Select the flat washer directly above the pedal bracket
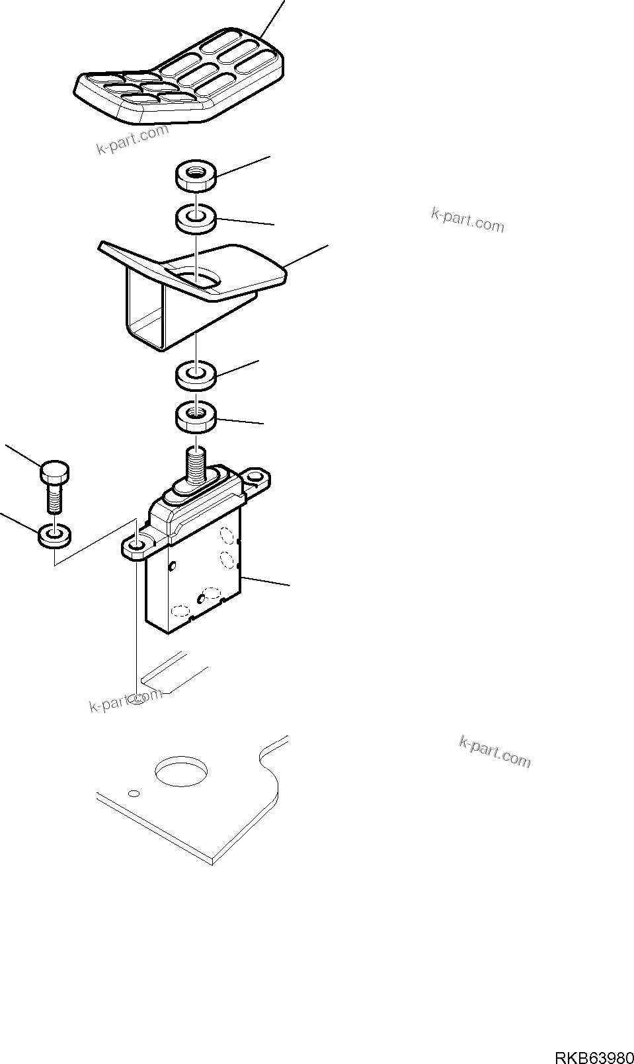[196, 217]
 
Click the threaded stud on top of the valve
[196, 463]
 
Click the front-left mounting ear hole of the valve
[136, 545]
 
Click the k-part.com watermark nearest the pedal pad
[133, 139]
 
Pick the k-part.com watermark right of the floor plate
[494, 753]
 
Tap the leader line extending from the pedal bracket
[307, 255]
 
